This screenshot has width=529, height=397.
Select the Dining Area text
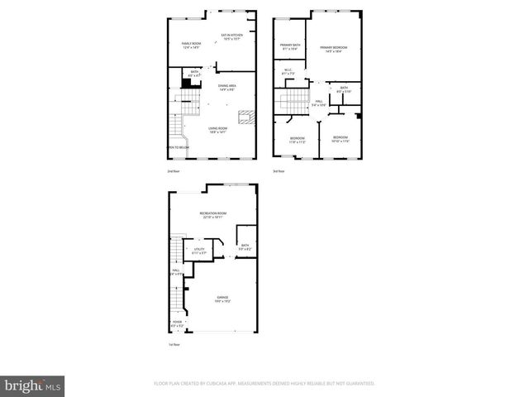pyautogui.click(x=228, y=87)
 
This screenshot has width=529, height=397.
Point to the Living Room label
pyautogui.click(x=218, y=129)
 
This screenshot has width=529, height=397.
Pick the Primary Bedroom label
pyautogui.click(x=333, y=48)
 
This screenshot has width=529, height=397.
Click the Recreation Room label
pyautogui.click(x=213, y=215)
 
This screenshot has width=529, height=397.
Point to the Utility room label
pyautogui.click(x=198, y=249)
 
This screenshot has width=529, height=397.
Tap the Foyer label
pyautogui.click(x=177, y=323)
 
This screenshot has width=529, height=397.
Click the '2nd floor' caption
pyautogui.click(x=174, y=171)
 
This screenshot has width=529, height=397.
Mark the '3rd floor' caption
pyautogui.click(x=279, y=171)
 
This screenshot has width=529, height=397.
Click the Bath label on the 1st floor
pyautogui.click(x=244, y=246)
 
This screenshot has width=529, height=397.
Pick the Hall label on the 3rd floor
pyautogui.click(x=319, y=102)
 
